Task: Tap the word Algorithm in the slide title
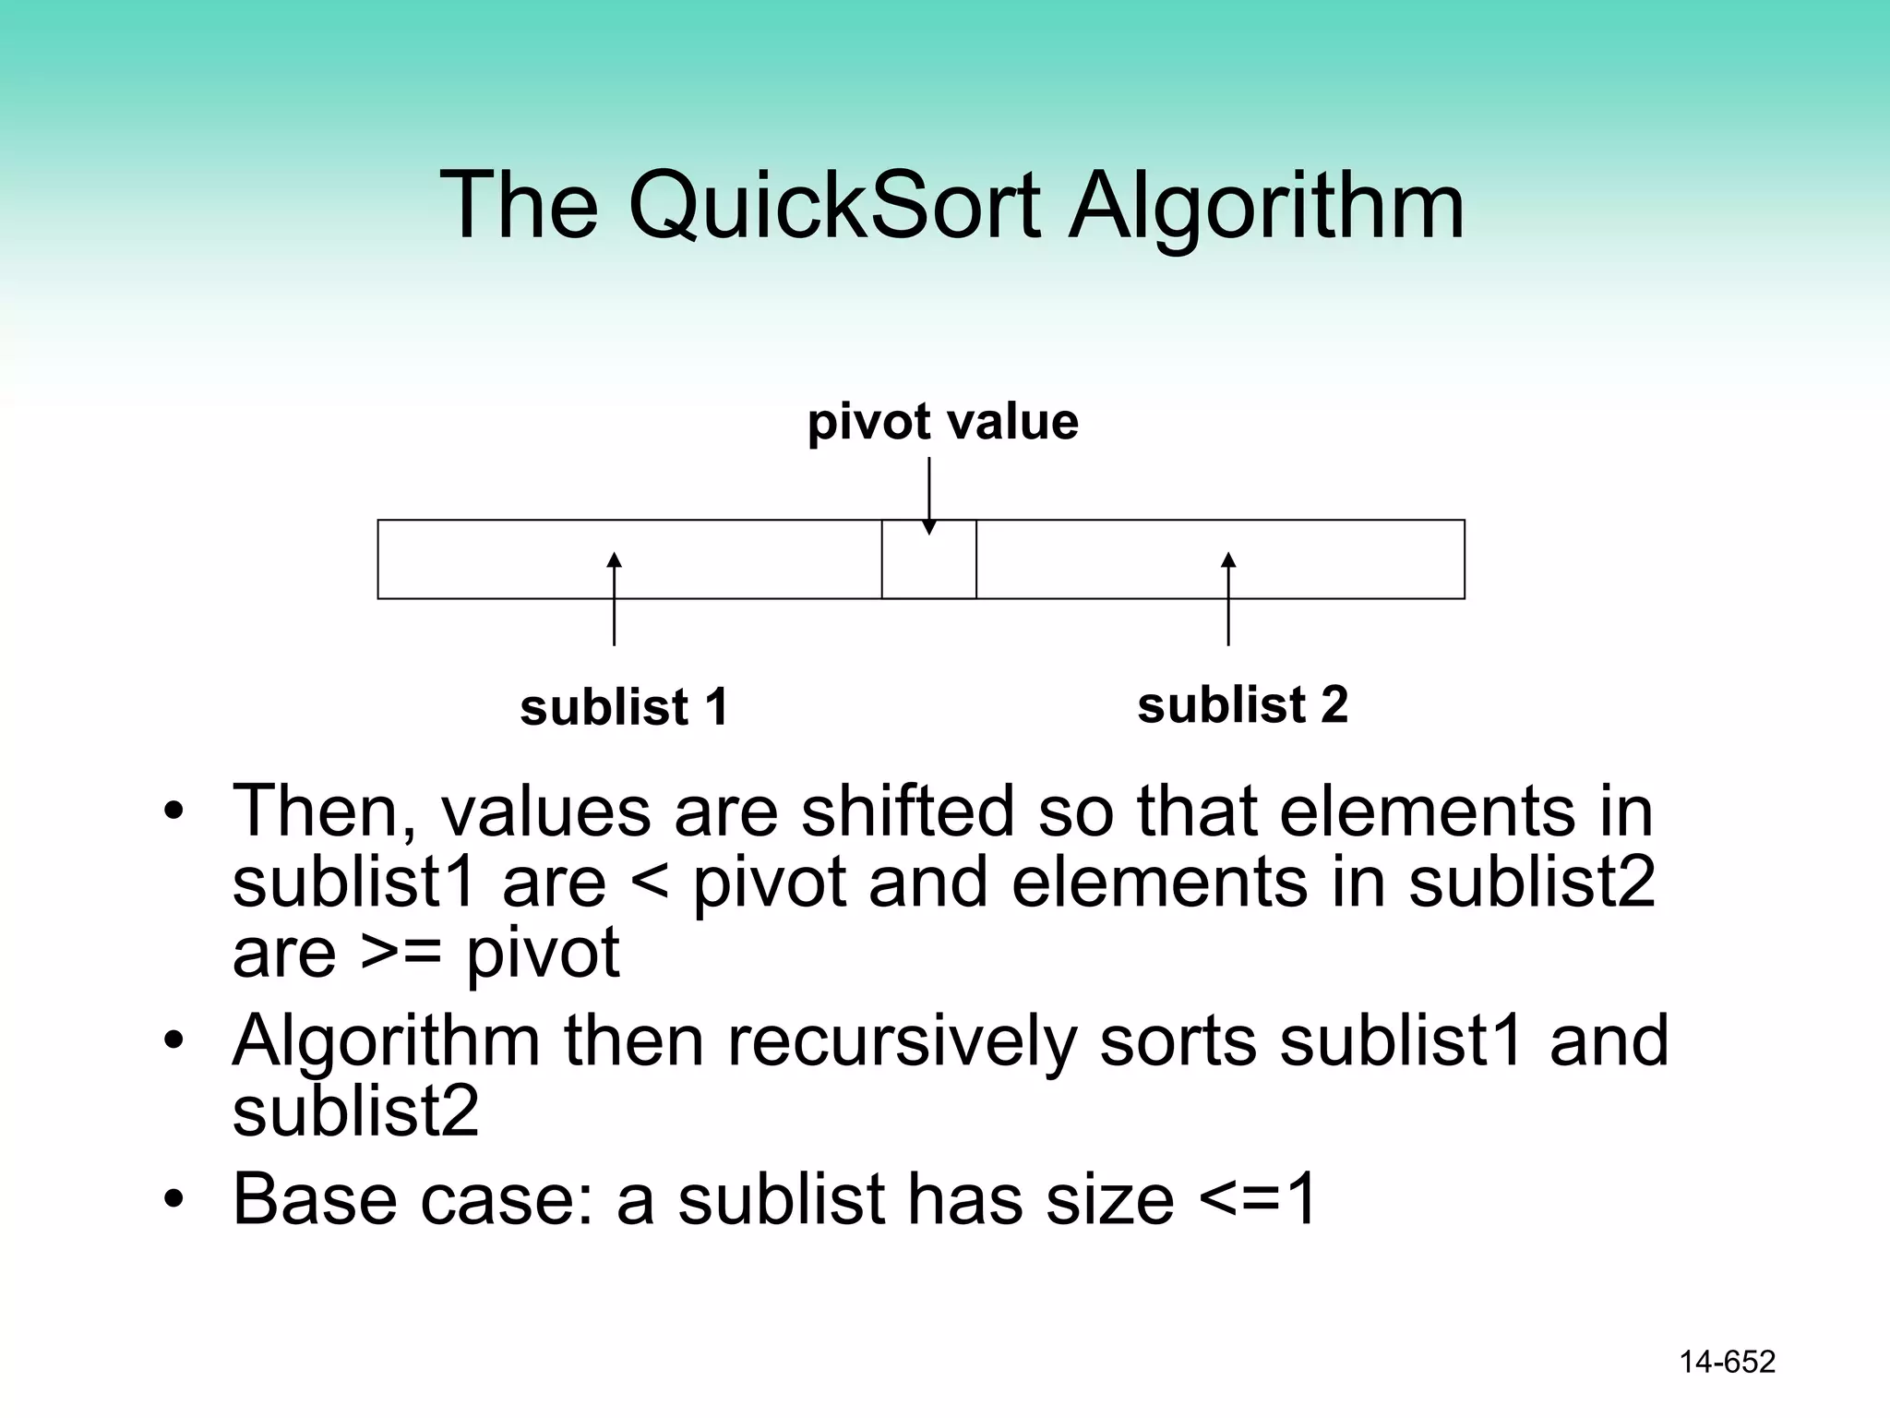(1265, 207)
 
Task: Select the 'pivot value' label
(942, 422)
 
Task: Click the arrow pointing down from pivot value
(929, 495)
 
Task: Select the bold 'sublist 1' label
(625, 707)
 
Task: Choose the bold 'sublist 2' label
(1242, 704)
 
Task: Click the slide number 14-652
(1727, 1362)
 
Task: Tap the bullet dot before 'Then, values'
(174, 812)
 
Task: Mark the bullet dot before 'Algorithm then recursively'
(174, 1041)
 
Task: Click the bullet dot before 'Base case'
(174, 1200)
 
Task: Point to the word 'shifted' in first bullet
(907, 811)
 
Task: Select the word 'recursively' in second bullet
(902, 1041)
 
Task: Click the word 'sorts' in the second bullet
(1177, 1040)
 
